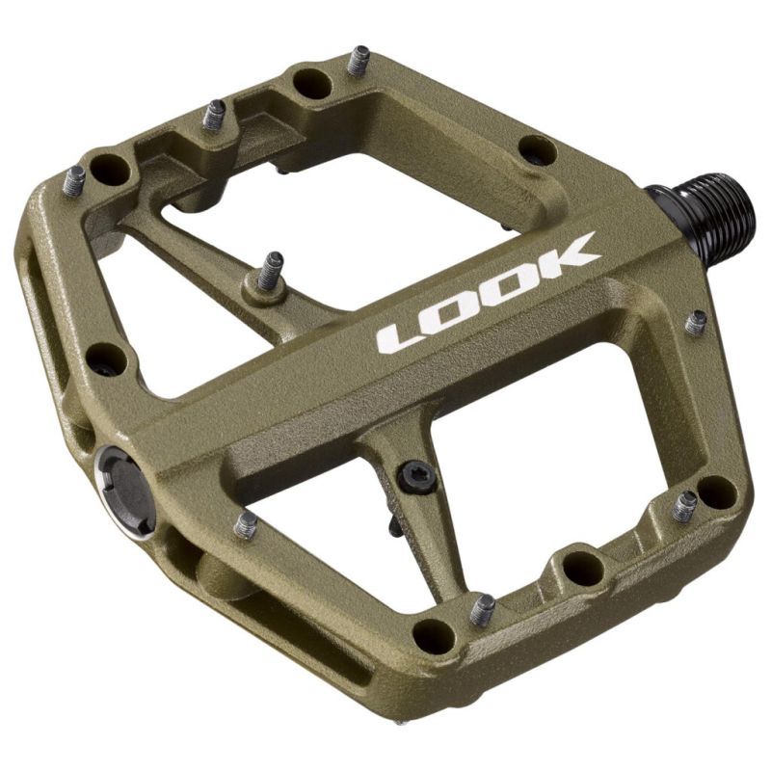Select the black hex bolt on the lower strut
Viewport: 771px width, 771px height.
(x=416, y=473)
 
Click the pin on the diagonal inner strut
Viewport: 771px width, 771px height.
(x=270, y=273)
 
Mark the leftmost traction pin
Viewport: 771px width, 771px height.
(x=74, y=178)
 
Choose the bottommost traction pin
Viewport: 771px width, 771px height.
(x=482, y=608)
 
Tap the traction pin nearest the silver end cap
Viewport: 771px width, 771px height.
(x=247, y=524)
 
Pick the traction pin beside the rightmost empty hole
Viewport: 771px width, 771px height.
(x=685, y=505)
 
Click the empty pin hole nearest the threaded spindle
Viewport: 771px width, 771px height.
(x=536, y=149)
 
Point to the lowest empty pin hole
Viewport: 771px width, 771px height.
(x=434, y=635)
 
